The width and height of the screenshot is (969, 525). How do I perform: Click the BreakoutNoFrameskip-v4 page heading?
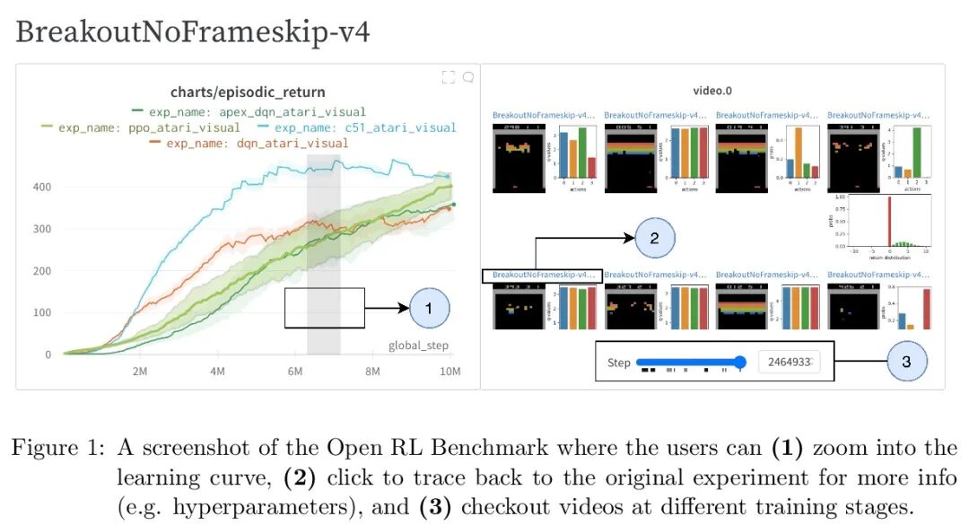pyautogui.click(x=192, y=32)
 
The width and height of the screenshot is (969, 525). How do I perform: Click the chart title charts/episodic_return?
pyautogui.click(x=248, y=92)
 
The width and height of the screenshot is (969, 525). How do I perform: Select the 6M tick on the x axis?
pyautogui.click(x=295, y=371)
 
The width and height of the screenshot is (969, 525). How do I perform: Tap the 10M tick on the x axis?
pyautogui.click(x=450, y=371)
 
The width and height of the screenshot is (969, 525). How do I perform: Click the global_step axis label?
pyautogui.click(x=418, y=346)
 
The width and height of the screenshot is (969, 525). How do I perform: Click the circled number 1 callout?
pyautogui.click(x=429, y=308)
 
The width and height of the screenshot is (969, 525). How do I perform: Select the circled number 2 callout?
pyautogui.click(x=654, y=238)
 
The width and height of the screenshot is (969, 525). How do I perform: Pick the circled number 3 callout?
pyautogui.click(x=906, y=361)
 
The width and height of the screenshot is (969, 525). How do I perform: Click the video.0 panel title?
pyautogui.click(x=712, y=91)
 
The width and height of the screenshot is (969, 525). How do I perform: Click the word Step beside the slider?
pyautogui.click(x=619, y=363)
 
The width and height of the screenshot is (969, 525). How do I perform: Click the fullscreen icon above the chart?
pyautogui.click(x=449, y=78)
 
